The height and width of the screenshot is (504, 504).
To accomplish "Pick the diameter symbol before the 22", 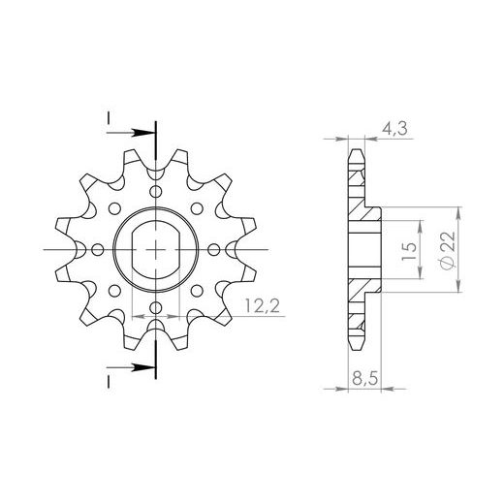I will [x=445, y=262].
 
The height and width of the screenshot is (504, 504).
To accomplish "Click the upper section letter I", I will [x=108, y=116].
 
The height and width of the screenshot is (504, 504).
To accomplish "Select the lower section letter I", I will [x=108, y=380].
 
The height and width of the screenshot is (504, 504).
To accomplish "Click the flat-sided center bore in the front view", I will [x=155, y=250].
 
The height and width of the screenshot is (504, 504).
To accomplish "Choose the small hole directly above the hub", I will [x=155, y=192].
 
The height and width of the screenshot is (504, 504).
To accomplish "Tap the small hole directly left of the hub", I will [x=96, y=250].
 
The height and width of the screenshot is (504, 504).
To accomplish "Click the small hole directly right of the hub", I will [x=214, y=250].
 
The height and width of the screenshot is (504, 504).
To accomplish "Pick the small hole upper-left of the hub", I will [x=113, y=208].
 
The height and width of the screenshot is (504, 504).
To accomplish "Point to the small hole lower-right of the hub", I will [x=197, y=292].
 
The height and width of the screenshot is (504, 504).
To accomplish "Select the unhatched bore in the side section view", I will [x=363, y=250].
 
